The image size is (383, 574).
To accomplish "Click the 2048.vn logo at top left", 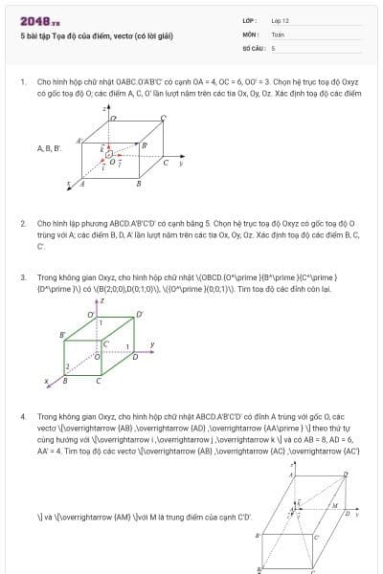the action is click(37, 20).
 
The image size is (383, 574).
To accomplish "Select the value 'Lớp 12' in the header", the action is click(281, 20).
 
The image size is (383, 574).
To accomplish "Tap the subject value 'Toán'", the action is click(278, 33).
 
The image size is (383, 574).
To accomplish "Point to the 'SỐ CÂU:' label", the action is click(253, 47).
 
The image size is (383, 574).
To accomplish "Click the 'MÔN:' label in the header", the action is click(250, 33).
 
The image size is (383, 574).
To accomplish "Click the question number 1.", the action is click(23, 81).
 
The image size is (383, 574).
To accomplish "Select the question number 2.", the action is click(23, 223).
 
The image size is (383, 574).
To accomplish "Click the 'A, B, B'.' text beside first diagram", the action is click(50, 149).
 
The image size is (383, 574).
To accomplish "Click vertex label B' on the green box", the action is click(63, 334).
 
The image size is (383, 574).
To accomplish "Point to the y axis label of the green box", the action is click(151, 344).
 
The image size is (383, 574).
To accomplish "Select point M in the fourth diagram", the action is click(332, 505).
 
